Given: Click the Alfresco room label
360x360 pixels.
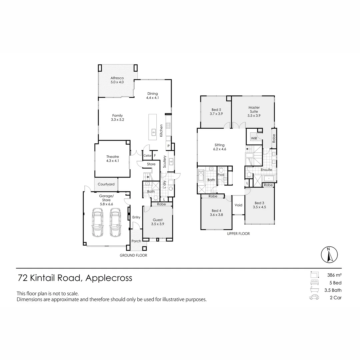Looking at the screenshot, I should click(117, 78).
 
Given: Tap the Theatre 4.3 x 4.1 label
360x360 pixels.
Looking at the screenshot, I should click(113, 159).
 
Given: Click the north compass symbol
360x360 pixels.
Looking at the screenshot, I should click(329, 255).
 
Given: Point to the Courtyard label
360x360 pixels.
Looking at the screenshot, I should click(106, 184).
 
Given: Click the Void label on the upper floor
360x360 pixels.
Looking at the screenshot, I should click(238, 205).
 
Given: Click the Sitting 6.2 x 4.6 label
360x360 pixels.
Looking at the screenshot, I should click(219, 147).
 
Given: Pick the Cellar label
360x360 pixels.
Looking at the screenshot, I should click(147, 156).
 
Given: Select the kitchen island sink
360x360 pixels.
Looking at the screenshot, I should click(153, 131).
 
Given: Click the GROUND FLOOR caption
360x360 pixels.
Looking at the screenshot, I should click(133, 255).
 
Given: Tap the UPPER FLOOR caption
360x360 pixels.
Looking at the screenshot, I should click(238, 234).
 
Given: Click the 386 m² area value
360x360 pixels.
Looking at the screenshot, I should click(334, 275).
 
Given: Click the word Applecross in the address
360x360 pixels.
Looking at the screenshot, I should click(109, 278).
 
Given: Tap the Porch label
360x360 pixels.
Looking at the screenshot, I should click(136, 241).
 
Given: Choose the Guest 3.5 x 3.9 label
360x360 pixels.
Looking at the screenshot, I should click(158, 222).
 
